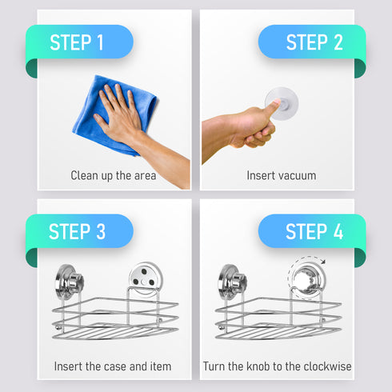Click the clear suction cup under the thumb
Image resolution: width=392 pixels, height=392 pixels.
pos(282,103)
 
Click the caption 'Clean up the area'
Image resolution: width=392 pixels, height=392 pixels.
pos(114,176)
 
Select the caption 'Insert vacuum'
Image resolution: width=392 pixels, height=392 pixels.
pos(282,176)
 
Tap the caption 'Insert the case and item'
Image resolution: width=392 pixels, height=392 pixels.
pos(113,366)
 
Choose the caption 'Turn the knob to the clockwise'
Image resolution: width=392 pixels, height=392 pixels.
pos(277,366)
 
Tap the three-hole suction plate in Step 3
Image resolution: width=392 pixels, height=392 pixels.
pos(146,278)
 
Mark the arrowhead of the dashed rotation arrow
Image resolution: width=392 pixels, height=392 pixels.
pos(323,262)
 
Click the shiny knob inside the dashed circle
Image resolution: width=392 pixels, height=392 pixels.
pos(306,279)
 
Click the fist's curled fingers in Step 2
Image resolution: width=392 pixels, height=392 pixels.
pos(260,134)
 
